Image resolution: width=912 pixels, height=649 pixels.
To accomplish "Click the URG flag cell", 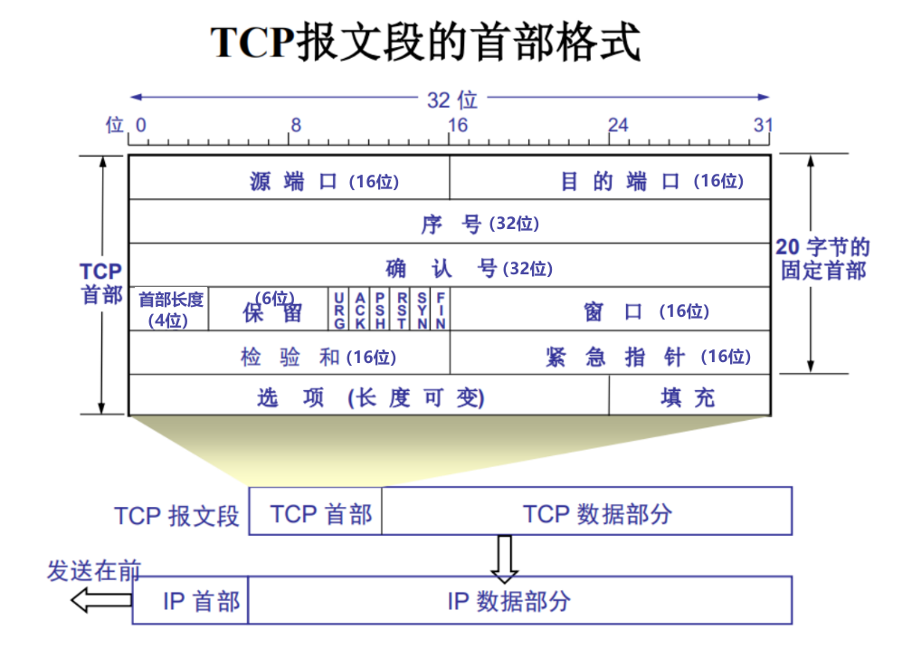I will (x=339, y=310).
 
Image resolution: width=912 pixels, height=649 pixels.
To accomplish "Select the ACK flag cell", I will (x=360, y=310).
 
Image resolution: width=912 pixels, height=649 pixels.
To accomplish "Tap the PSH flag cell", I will (x=381, y=310).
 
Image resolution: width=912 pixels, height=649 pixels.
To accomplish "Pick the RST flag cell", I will (x=402, y=310).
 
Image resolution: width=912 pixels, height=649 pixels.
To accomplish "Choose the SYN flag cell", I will (x=422, y=310).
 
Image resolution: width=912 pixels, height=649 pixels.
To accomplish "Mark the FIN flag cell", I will (x=441, y=310).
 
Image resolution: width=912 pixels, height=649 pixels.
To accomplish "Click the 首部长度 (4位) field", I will (x=170, y=310).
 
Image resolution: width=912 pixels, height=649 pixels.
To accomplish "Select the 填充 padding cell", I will (x=689, y=396).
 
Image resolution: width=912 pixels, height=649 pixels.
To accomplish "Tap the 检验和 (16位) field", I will (x=290, y=354).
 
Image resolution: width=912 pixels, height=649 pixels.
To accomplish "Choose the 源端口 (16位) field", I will (x=290, y=179).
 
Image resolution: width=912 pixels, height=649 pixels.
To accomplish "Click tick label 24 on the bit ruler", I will (x=617, y=125).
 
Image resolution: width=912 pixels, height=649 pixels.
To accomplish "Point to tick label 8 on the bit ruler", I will (x=296, y=125).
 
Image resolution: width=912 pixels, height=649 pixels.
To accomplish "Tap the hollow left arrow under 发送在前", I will (x=101, y=598).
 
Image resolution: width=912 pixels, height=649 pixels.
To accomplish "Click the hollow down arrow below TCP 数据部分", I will (x=504, y=558).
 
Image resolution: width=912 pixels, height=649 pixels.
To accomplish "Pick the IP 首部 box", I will (x=191, y=600).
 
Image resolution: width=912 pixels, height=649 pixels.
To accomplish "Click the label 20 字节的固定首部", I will (x=823, y=259).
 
